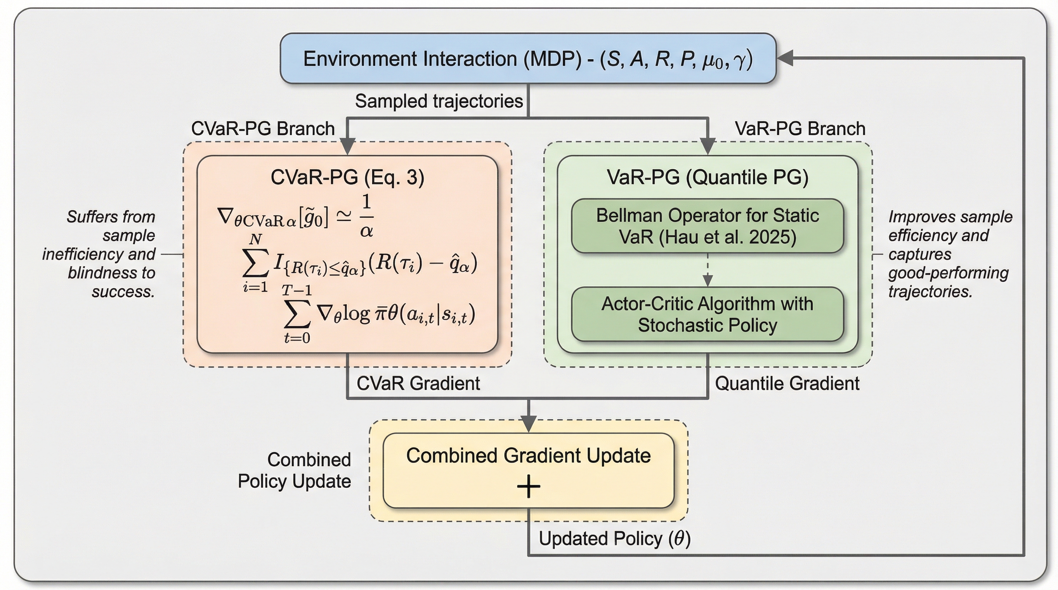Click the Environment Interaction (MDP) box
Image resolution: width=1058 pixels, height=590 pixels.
click(528, 58)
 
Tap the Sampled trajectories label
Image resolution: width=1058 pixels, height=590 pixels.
click(439, 101)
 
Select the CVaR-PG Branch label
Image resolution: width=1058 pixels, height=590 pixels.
click(263, 129)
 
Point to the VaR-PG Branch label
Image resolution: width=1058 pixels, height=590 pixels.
click(800, 129)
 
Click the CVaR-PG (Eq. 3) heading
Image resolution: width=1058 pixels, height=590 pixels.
click(348, 177)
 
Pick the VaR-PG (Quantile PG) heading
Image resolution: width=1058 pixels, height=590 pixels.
click(707, 177)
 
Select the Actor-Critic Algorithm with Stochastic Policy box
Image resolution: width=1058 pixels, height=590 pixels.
click(707, 314)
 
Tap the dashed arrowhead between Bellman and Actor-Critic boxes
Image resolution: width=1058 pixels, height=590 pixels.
click(707, 281)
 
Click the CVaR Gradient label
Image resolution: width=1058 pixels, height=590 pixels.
click(418, 384)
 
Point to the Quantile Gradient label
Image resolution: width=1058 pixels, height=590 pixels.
click(787, 384)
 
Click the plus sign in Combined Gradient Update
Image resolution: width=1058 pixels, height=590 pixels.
click(529, 487)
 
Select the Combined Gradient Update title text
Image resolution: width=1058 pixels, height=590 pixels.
click(529, 456)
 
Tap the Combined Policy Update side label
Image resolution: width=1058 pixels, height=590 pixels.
click(294, 470)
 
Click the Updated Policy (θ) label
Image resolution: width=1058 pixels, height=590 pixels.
click(614, 539)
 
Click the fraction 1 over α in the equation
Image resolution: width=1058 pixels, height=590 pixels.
click(366, 216)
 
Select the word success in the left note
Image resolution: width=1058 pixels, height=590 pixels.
click(123, 292)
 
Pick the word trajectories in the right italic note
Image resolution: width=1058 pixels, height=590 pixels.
click(930, 292)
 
